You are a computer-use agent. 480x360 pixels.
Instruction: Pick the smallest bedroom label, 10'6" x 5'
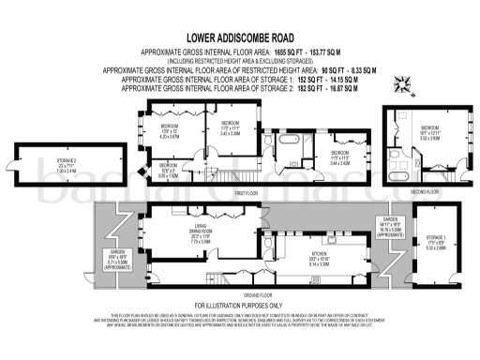click(168, 172)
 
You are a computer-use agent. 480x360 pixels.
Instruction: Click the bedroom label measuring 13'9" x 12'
click(170, 132)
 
